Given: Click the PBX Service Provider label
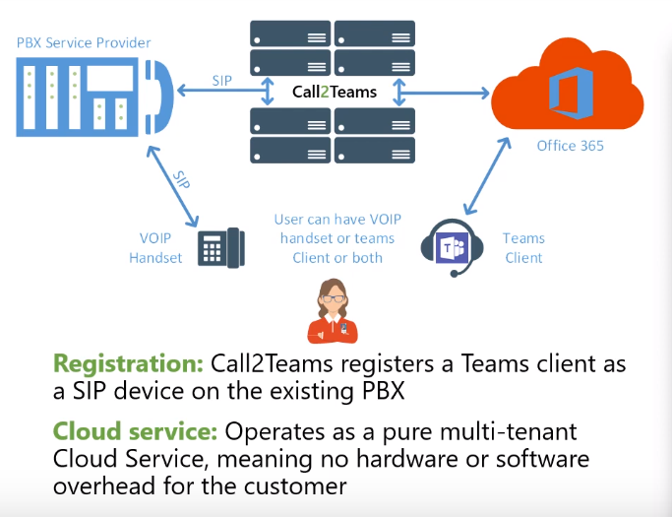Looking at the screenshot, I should pos(84,43).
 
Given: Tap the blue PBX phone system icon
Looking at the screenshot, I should pos(93,95).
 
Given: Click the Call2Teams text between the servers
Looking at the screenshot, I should pos(335,93).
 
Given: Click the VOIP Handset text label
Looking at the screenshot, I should pos(156,248).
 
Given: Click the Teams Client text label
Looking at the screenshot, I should pos(523,248).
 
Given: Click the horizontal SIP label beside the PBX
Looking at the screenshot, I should pos(222,80).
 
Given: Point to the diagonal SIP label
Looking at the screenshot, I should pos(181,180).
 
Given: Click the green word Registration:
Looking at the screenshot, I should pos(128,363).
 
